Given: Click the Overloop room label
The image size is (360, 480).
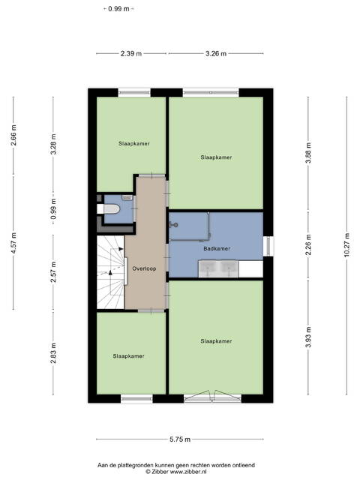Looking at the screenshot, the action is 144,268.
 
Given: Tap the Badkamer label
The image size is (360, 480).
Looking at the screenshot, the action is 217,248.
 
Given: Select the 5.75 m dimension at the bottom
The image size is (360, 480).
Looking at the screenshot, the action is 180,439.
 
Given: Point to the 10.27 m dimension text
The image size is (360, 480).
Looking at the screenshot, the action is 346,245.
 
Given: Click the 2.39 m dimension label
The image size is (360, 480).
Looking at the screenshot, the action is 131,53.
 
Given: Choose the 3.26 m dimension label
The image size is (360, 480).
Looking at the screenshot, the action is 216,53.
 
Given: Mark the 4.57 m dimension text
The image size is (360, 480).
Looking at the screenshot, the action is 13,243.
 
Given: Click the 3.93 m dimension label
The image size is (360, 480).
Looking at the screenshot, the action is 308,337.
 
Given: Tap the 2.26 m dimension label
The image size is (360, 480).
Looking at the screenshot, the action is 308,245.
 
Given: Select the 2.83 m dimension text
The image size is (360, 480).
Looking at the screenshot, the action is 53,353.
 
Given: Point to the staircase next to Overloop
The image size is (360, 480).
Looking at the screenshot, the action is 110,272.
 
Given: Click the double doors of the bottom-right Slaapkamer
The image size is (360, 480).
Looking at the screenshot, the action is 213,396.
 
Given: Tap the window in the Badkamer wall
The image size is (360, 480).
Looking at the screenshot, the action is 268,246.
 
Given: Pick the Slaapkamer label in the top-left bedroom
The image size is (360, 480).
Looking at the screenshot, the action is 134,143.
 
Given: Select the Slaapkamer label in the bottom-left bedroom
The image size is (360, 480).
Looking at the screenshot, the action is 128,356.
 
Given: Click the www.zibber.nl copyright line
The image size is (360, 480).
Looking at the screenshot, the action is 176,472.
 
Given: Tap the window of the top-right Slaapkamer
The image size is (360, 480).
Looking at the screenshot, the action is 211,92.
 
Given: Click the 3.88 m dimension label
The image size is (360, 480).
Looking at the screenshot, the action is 308,153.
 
